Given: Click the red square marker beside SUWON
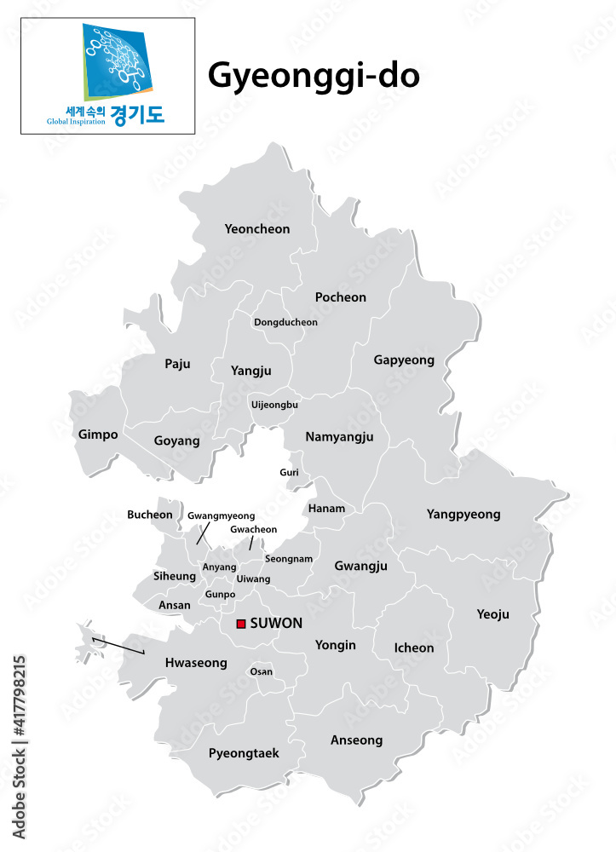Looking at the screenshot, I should (x=241, y=624).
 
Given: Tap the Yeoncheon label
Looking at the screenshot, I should (x=257, y=229).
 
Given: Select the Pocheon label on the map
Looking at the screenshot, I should (x=341, y=297).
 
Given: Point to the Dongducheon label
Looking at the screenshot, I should (x=285, y=323).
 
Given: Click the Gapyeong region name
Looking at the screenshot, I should (x=404, y=360).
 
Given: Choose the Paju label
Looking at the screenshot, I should (x=177, y=364).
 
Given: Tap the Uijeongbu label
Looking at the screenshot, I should (x=274, y=405).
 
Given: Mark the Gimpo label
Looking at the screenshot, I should (x=98, y=435).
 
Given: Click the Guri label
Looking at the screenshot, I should (x=289, y=472).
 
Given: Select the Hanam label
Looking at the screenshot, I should (x=326, y=509).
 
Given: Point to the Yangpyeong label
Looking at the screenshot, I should (x=463, y=515).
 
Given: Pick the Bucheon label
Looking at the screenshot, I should (x=150, y=515).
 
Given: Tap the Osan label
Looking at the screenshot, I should (x=262, y=671).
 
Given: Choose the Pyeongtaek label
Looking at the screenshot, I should (x=244, y=753).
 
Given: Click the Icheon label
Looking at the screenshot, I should (x=414, y=648).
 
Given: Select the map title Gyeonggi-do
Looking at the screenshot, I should (x=314, y=76).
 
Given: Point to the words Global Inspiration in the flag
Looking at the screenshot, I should (x=77, y=121).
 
